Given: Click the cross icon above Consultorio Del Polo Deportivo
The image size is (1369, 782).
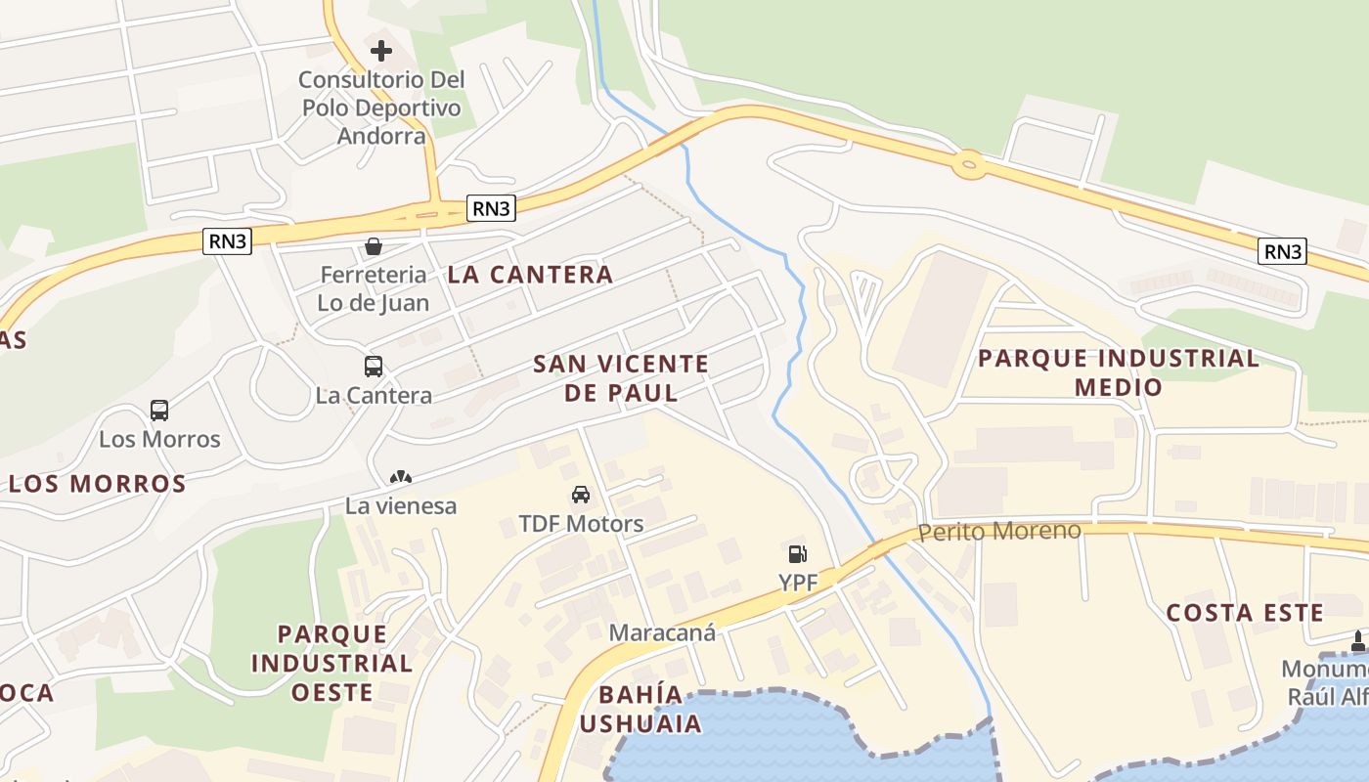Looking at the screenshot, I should tap(381, 51).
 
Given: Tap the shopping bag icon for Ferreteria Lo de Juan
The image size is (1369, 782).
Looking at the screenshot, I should tap(373, 246).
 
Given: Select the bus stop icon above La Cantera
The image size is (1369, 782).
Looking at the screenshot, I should tap(373, 367).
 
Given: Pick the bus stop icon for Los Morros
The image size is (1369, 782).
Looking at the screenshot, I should tap(159, 411).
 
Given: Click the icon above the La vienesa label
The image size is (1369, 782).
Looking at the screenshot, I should tap(401, 478).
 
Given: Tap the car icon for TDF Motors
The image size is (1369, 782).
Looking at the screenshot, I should tap(581, 495).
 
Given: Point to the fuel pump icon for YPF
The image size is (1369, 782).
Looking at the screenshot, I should tap(797, 554).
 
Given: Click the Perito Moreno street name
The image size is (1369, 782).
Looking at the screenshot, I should tap(999, 531).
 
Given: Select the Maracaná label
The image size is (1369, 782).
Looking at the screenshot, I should tap(662, 632).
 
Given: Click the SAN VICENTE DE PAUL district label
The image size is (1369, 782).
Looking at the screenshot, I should tap(621, 378).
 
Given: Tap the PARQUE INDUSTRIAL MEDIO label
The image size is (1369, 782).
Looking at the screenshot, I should tap(1119, 372).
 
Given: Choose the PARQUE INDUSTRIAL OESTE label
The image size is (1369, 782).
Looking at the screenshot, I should tap(331, 663).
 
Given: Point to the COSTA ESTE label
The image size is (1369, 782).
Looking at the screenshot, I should tap(1245, 613).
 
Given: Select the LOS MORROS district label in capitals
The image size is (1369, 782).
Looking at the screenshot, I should tap(97, 484).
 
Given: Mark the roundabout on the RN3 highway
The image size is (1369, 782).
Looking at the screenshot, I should tap(969, 165).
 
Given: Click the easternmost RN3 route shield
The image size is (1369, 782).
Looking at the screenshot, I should tap(1282, 252).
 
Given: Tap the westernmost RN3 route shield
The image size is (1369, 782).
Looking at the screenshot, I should tap(227, 241).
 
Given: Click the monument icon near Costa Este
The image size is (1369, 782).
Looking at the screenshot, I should tap(1357, 641).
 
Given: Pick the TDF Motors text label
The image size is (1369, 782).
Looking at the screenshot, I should tap(581, 524).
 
